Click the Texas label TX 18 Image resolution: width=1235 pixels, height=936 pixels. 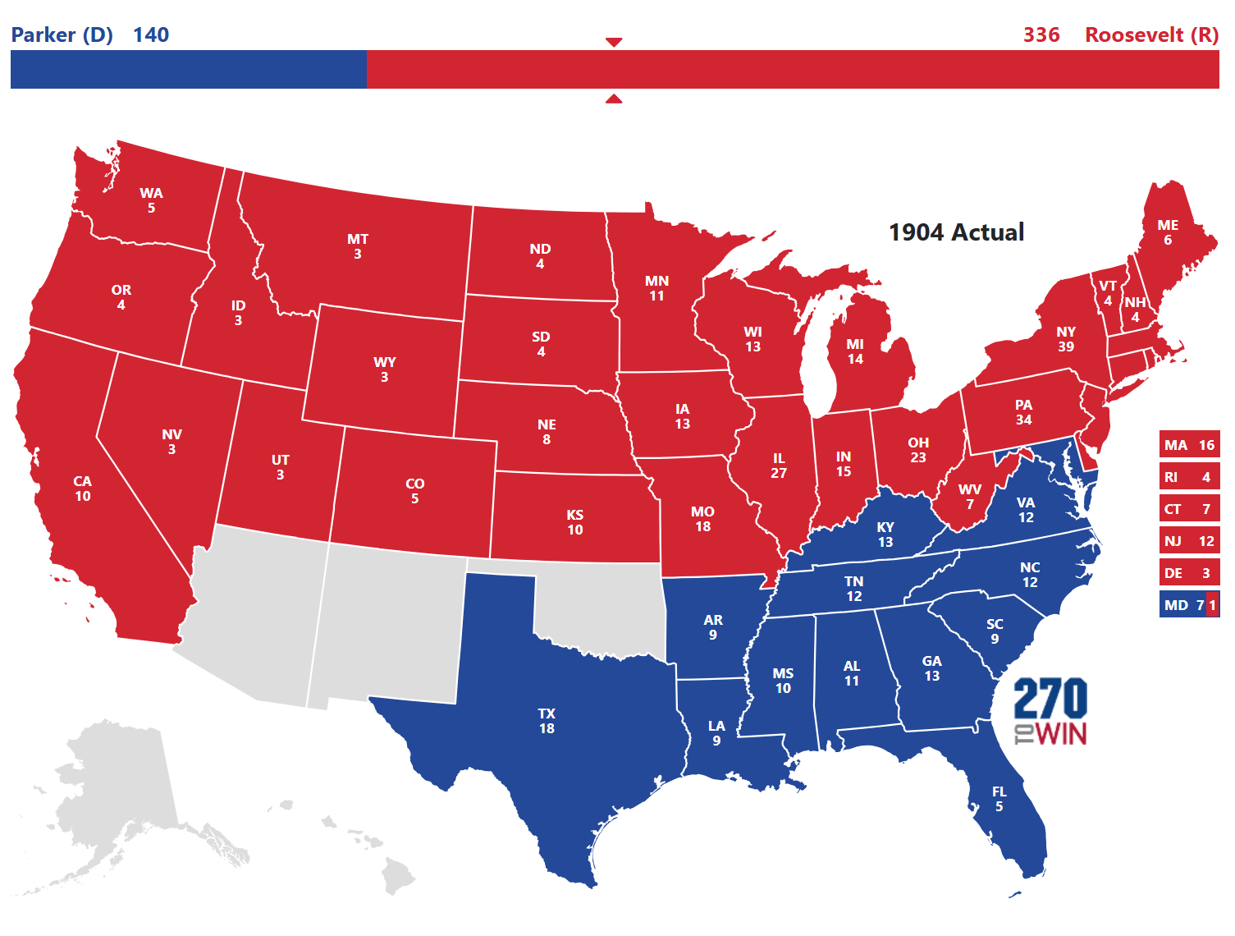tap(547, 721)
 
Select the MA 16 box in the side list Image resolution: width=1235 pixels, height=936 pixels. tap(1189, 445)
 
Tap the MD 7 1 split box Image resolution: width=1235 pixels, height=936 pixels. tap(1189, 605)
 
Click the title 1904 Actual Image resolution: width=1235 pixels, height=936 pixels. tap(956, 232)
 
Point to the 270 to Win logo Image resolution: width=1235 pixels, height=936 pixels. tap(1050, 711)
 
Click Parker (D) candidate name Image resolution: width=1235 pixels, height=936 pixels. tap(62, 34)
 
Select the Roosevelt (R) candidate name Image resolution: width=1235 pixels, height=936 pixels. tap(1151, 34)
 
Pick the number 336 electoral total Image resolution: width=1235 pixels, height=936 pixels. tap(1041, 34)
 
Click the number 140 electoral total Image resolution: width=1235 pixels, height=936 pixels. tap(151, 34)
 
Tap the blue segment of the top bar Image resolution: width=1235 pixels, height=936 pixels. tap(189, 69)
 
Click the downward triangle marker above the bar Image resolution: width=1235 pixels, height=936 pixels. tap(614, 42)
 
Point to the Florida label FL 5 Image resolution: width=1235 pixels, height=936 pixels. tap(999, 799)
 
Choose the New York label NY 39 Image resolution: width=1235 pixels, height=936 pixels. tap(1066, 339)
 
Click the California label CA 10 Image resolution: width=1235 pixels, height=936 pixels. tap(83, 489)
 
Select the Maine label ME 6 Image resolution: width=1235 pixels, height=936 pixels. tap(1168, 232)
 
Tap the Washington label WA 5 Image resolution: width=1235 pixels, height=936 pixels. tap(151, 200)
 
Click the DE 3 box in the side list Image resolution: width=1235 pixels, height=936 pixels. tap(1189, 573)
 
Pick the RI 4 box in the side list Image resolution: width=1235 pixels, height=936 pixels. tap(1189, 477)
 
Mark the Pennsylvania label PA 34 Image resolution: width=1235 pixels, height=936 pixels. tap(1023, 412)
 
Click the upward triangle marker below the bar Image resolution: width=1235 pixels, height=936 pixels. tap(614, 99)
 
